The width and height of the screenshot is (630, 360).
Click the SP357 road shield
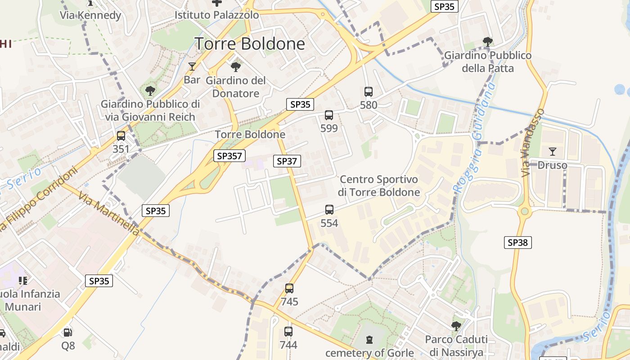(229, 156)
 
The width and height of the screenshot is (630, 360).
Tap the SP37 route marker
(287, 161)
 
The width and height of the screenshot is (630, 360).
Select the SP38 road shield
(517, 243)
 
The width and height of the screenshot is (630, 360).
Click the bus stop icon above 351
(121, 136)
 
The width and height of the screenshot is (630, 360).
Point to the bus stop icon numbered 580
(369, 92)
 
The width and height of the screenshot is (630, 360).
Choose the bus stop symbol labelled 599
(329, 115)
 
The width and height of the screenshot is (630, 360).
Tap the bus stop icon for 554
(329, 210)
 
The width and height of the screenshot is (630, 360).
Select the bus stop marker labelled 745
(289, 288)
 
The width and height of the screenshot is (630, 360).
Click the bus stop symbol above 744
(288, 332)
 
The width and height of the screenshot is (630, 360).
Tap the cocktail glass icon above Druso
(553, 152)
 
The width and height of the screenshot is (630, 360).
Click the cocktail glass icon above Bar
(192, 67)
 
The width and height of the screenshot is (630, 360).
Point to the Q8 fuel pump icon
(68, 333)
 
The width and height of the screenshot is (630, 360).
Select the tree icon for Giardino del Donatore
(235, 67)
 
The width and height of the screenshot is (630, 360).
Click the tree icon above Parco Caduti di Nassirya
(456, 326)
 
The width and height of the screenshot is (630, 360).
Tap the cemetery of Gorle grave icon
(369, 339)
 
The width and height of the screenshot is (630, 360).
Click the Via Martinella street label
(108, 214)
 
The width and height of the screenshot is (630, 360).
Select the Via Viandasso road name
(533, 143)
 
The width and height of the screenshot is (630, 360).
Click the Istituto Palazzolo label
(217, 15)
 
